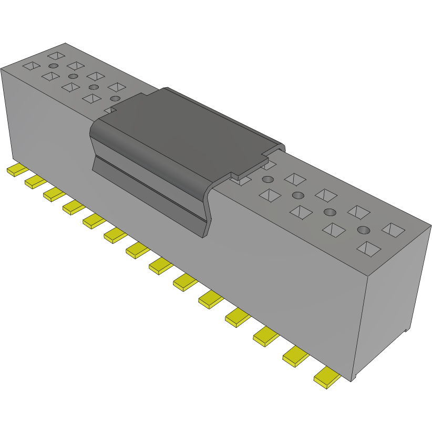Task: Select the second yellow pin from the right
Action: pyautogui.click(x=295, y=358)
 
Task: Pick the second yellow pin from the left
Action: pyautogui.click(x=35, y=182)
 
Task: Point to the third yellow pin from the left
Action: pyautogui.click(x=54, y=194)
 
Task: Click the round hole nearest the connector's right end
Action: pyautogui.click(x=363, y=230)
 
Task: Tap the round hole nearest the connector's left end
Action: pyautogui.click(x=53, y=66)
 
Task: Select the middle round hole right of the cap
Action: pyautogui.click(x=330, y=212)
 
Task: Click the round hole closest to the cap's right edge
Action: pyautogui.click(x=298, y=196)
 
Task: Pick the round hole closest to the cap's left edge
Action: pyautogui.click(x=115, y=98)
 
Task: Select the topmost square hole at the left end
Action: pyautogui.click(x=56, y=55)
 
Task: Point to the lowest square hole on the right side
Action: pyautogui.click(x=368, y=249)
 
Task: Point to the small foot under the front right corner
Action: pyautogui.click(x=354, y=377)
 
